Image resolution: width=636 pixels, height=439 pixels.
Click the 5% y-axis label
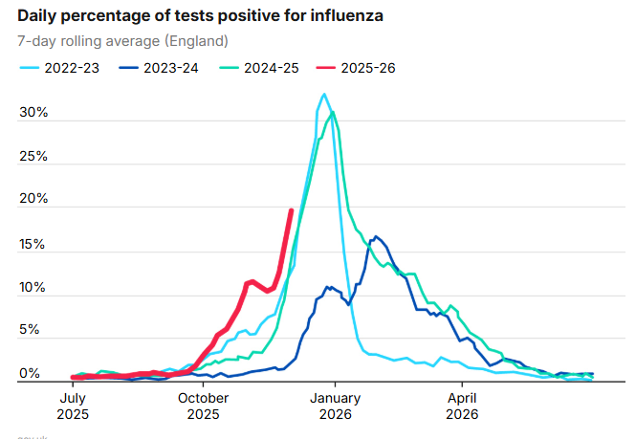click(x=30, y=331)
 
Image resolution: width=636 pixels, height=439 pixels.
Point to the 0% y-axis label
click(x=30, y=374)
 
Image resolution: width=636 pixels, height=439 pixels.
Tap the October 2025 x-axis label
click(x=202, y=406)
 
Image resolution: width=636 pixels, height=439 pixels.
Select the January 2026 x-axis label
click(x=335, y=406)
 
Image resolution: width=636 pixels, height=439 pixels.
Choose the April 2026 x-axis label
click(x=463, y=406)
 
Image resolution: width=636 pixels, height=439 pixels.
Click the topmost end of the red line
click(x=292, y=209)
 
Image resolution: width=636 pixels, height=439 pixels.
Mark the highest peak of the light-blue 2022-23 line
click(x=324, y=94)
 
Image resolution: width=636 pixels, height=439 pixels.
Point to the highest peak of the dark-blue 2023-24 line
click(x=375, y=236)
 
